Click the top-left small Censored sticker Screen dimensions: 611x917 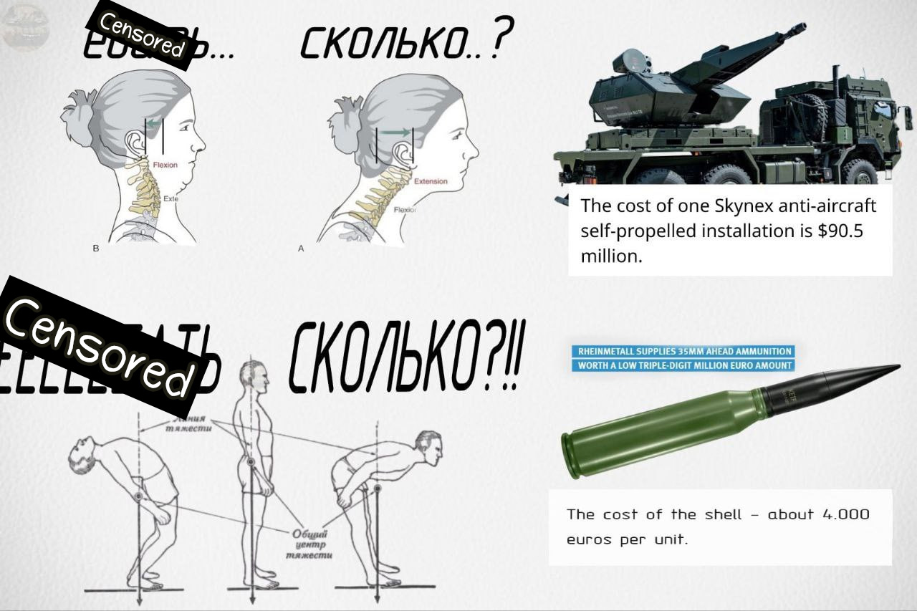coord(141,36)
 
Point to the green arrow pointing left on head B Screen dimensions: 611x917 coord(153,123)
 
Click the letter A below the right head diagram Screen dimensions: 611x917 coord(301,249)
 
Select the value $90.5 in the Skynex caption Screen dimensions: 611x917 coord(846,231)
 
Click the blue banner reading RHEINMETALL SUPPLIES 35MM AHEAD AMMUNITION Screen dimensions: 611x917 coord(684,352)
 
